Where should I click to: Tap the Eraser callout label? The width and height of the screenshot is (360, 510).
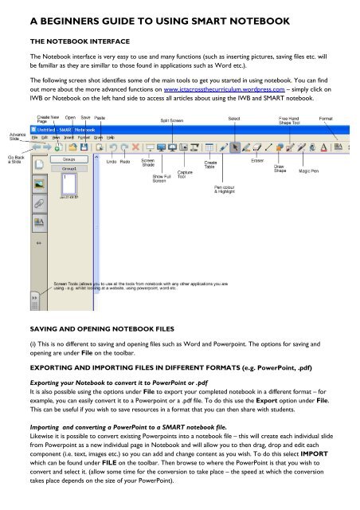click(x=257, y=160)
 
